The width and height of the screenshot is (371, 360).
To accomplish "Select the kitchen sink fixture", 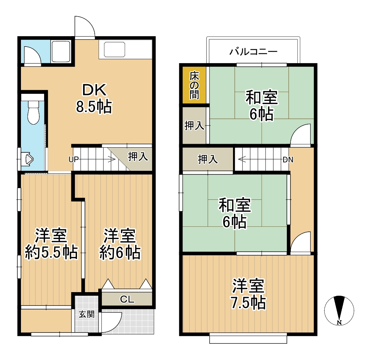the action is (114, 49).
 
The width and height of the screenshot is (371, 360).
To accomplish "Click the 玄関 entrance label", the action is (87, 315).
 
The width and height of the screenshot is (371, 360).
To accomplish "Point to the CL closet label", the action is (127, 299).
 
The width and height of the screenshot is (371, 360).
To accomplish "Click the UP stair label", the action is (73, 160).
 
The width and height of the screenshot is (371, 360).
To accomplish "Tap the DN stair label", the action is (288, 160).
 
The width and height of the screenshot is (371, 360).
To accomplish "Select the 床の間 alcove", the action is (194, 85).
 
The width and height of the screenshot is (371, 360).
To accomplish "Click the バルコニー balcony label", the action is (253, 51).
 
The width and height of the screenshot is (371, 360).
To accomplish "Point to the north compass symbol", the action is (339, 310).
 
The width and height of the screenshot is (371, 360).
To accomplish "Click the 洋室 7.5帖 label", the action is (248, 294).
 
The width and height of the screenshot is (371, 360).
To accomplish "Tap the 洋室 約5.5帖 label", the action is (51, 244).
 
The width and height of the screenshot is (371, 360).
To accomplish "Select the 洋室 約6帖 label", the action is (120, 244).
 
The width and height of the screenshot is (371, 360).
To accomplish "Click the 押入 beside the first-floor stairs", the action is (138, 157).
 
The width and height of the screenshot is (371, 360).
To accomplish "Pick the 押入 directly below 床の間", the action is (194, 126).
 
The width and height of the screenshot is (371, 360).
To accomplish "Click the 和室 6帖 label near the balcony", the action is (262, 105).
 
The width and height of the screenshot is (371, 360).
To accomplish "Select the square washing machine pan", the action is (61, 52).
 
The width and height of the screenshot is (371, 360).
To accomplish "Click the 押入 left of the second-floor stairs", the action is (208, 159).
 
